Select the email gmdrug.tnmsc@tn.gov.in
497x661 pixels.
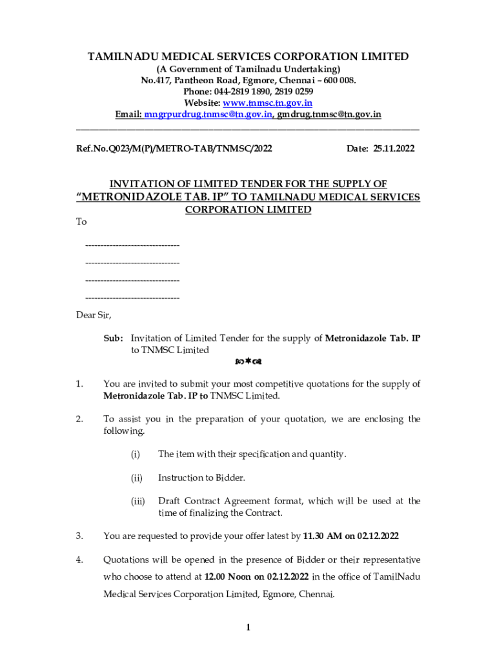tap(329, 115)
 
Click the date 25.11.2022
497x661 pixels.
tap(393, 148)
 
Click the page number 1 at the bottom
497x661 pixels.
tap(248, 627)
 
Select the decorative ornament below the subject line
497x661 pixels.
tap(248, 361)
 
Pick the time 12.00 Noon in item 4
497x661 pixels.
tap(228, 576)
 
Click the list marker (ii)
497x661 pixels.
tap(136, 478)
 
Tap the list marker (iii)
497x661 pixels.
tap(137, 501)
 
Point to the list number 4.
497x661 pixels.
tap(79, 559)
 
